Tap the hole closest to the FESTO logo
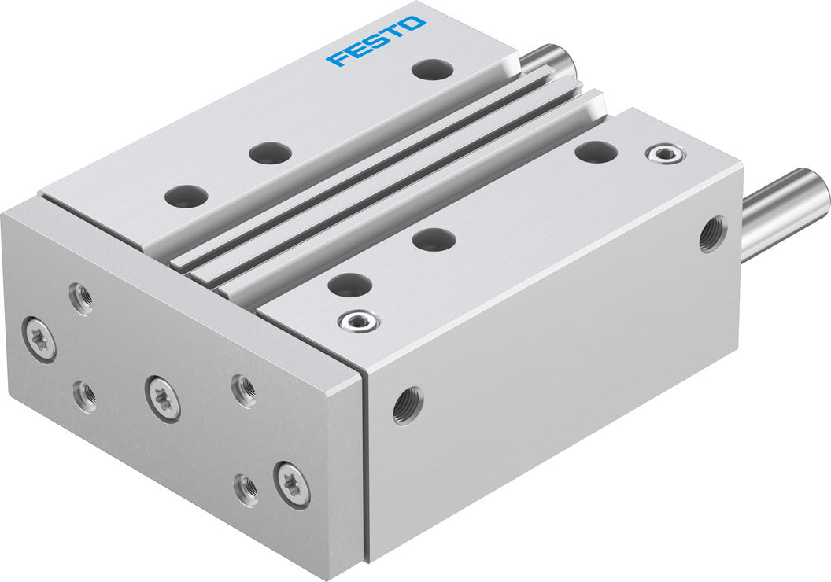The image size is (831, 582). (x=432, y=70)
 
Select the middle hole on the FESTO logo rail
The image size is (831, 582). (x=270, y=153)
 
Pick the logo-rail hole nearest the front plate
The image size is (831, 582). (x=187, y=195)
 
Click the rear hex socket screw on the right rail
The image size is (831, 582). (x=665, y=154)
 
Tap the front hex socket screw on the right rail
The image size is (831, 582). (x=359, y=320)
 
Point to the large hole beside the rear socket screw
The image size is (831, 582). (x=596, y=152)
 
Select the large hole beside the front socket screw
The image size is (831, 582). (x=349, y=285)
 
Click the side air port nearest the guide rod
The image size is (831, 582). (x=712, y=234)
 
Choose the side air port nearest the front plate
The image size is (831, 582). (x=408, y=405)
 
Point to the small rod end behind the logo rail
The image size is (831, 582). (x=548, y=60)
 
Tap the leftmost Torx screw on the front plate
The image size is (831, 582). (x=39, y=339)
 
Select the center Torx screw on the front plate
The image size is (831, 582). (x=163, y=397)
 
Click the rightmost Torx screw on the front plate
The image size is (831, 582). (x=291, y=484)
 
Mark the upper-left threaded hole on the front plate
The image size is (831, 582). (x=80, y=298)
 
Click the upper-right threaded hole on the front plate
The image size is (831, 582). (x=244, y=391)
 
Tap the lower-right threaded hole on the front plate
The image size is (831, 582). (x=246, y=489)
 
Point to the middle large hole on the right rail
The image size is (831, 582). (x=434, y=239)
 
